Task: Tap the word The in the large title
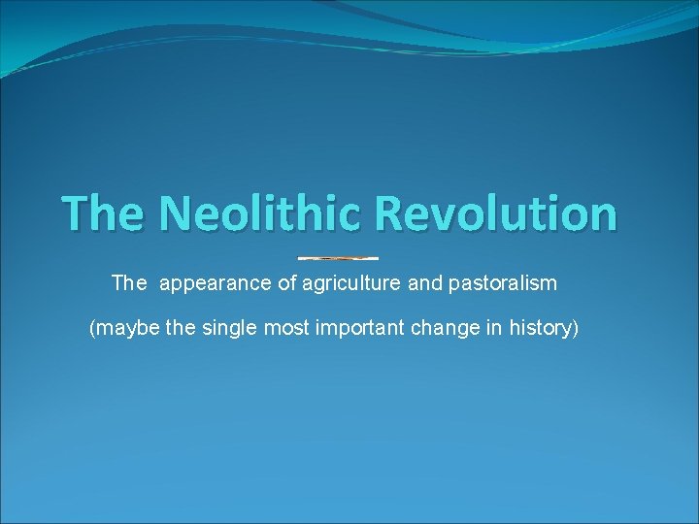[101, 213]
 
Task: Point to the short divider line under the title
[338, 258]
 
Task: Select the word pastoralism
[503, 284]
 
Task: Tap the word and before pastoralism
[427, 284]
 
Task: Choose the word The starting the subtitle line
[128, 284]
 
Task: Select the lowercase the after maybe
[181, 329]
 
